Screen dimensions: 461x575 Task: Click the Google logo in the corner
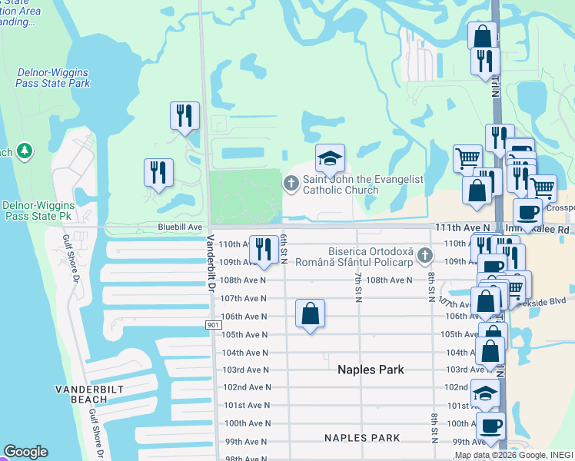coord(26,452)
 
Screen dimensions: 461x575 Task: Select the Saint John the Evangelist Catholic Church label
coord(362,184)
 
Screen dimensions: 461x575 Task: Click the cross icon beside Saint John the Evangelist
coord(291,183)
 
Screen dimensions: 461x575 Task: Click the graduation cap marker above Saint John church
coord(330,159)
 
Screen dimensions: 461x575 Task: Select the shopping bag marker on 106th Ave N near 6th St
coord(310,313)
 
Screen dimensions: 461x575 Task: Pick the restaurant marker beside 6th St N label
coord(264,249)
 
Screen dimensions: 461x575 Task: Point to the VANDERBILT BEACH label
coord(86,395)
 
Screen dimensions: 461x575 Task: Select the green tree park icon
coord(24,151)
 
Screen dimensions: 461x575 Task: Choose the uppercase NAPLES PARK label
coord(362,438)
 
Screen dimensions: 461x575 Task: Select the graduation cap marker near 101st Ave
coord(484,395)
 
